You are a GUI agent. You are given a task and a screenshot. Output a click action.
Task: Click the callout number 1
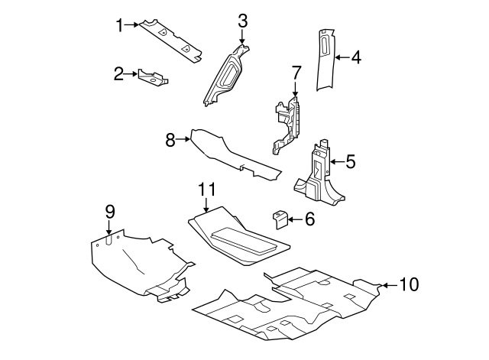coord(119,25)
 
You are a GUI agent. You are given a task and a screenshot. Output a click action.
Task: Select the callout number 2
coord(118,74)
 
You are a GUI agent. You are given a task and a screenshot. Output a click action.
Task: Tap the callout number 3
coord(242,21)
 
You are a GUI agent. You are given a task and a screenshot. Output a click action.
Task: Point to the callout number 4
coord(355,57)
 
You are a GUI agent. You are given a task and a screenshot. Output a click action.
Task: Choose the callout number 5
coord(351,161)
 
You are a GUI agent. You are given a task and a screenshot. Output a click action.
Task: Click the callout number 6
coord(309,219)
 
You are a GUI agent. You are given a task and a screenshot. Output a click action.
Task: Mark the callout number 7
coord(296,73)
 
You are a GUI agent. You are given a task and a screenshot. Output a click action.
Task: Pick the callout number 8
coord(170,139)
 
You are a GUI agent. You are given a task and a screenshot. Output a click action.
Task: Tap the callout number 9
coord(109,210)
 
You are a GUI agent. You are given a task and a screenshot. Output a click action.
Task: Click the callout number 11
coord(207,189)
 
